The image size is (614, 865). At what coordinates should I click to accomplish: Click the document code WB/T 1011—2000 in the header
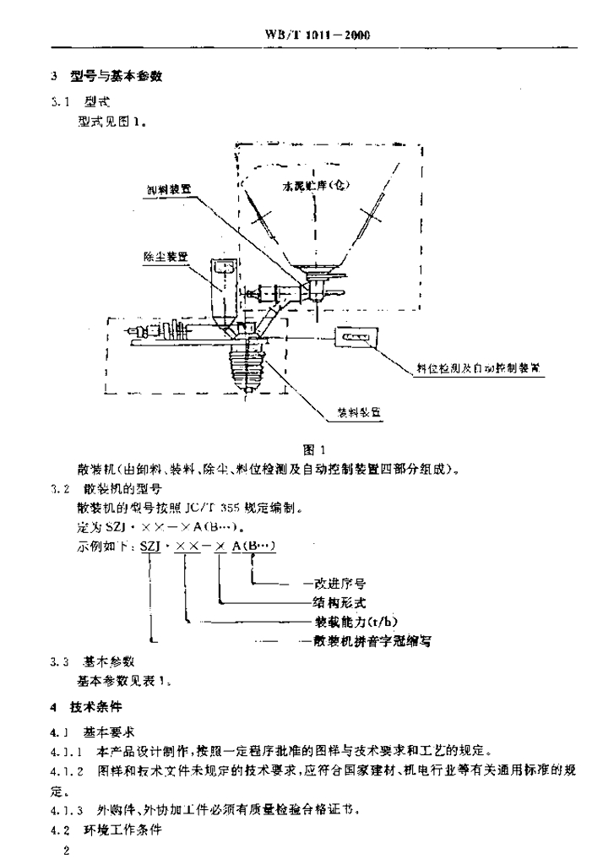pyautogui.click(x=318, y=35)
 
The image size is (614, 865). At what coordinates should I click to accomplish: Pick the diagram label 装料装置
pyautogui.click(x=359, y=412)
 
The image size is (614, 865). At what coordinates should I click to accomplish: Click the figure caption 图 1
pyautogui.click(x=314, y=449)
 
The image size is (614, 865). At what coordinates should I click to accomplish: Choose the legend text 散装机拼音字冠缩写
pyautogui.click(x=368, y=642)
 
